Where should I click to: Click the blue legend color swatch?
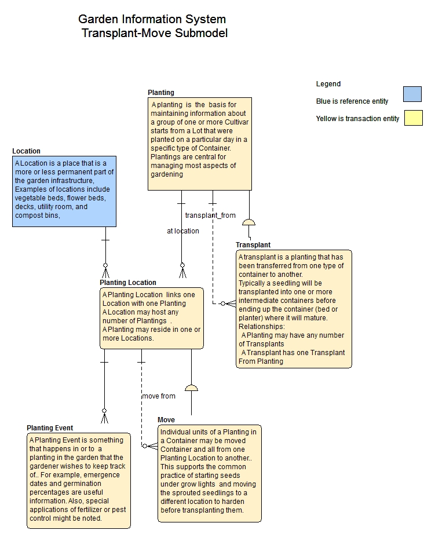(x=412, y=94)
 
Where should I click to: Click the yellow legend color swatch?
(x=413, y=118)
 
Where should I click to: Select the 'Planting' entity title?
(x=161, y=93)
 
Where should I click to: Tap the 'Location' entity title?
(x=27, y=151)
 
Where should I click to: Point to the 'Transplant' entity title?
(x=253, y=245)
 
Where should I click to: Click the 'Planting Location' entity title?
(x=128, y=283)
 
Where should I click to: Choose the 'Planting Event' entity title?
(x=50, y=428)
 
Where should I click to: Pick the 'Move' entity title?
(x=166, y=420)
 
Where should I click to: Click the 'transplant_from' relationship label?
(x=210, y=215)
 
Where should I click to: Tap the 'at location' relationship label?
(x=183, y=231)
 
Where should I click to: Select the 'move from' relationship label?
(x=159, y=396)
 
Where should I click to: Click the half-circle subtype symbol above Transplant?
(x=249, y=222)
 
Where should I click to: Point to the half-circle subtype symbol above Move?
(x=191, y=388)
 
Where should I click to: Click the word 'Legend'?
(x=328, y=84)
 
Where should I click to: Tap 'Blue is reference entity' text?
(x=352, y=101)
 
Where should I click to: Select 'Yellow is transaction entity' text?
(x=357, y=119)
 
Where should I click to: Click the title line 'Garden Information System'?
(x=152, y=20)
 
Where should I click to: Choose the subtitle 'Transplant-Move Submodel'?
(x=155, y=33)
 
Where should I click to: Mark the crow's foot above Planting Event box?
(x=105, y=417)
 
